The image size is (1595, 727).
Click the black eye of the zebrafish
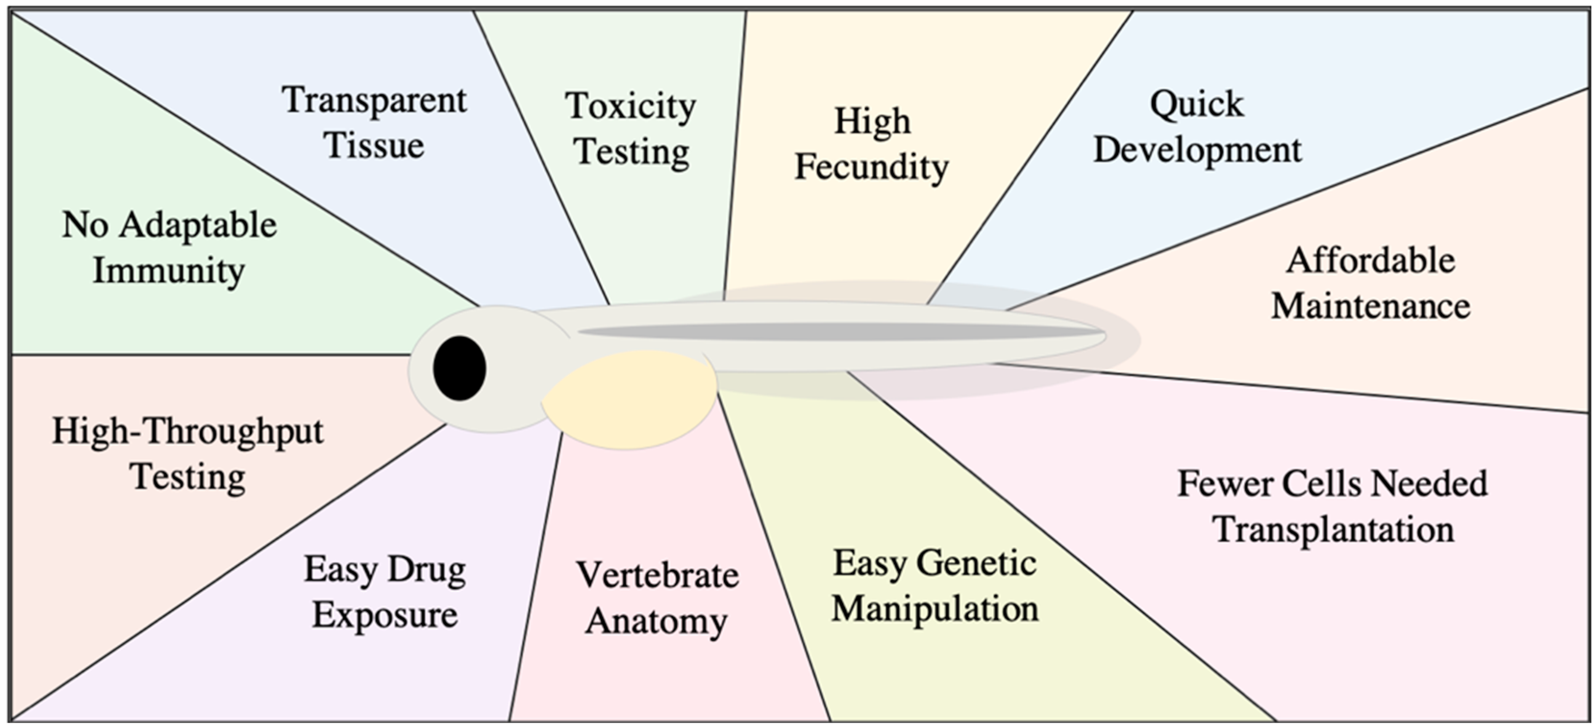click(x=460, y=368)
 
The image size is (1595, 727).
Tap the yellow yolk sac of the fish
click(x=628, y=399)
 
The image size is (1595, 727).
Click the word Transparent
click(x=374, y=100)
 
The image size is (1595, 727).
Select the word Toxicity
click(x=630, y=106)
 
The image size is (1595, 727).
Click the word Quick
click(x=1196, y=104)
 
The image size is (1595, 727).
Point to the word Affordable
click(x=1371, y=260)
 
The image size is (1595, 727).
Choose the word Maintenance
click(x=1371, y=306)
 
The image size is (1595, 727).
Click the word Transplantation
click(x=1333, y=530)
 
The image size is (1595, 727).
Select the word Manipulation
click(x=935, y=608)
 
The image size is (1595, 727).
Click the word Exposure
click(x=385, y=615)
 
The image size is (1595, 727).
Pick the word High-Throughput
click(x=187, y=431)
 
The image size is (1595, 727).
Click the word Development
click(x=1197, y=150)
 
